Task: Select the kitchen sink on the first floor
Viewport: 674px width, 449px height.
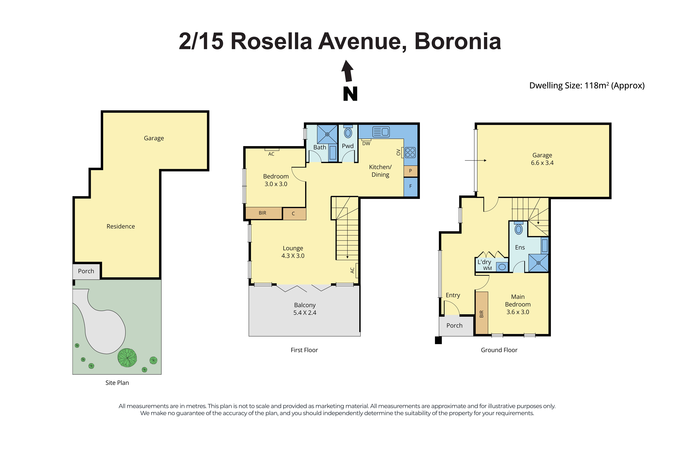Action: click(x=381, y=132)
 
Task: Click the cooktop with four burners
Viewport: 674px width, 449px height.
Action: click(x=410, y=152)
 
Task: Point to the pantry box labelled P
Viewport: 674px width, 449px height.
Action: click(x=410, y=171)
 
